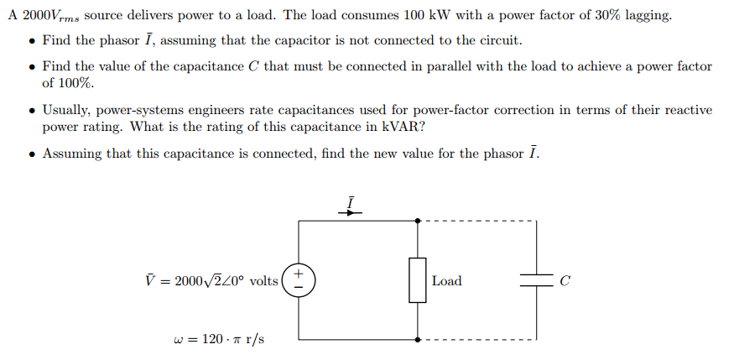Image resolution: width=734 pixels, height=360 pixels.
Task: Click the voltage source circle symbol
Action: pos(299,280)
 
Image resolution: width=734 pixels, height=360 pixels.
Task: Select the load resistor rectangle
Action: pos(419,280)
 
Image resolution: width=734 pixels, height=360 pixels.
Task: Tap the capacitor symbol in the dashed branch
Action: pos(534,281)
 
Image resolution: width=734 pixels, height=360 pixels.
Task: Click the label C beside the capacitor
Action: pos(565,281)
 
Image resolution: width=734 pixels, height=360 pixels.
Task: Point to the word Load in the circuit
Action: pos(446,281)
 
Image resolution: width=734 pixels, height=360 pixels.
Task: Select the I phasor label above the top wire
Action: pos(351,202)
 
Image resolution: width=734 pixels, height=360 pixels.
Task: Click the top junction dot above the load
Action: pos(419,222)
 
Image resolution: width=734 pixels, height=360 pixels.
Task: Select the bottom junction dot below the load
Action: pos(419,340)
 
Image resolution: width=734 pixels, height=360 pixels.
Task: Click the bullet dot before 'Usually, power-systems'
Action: pos(31,111)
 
